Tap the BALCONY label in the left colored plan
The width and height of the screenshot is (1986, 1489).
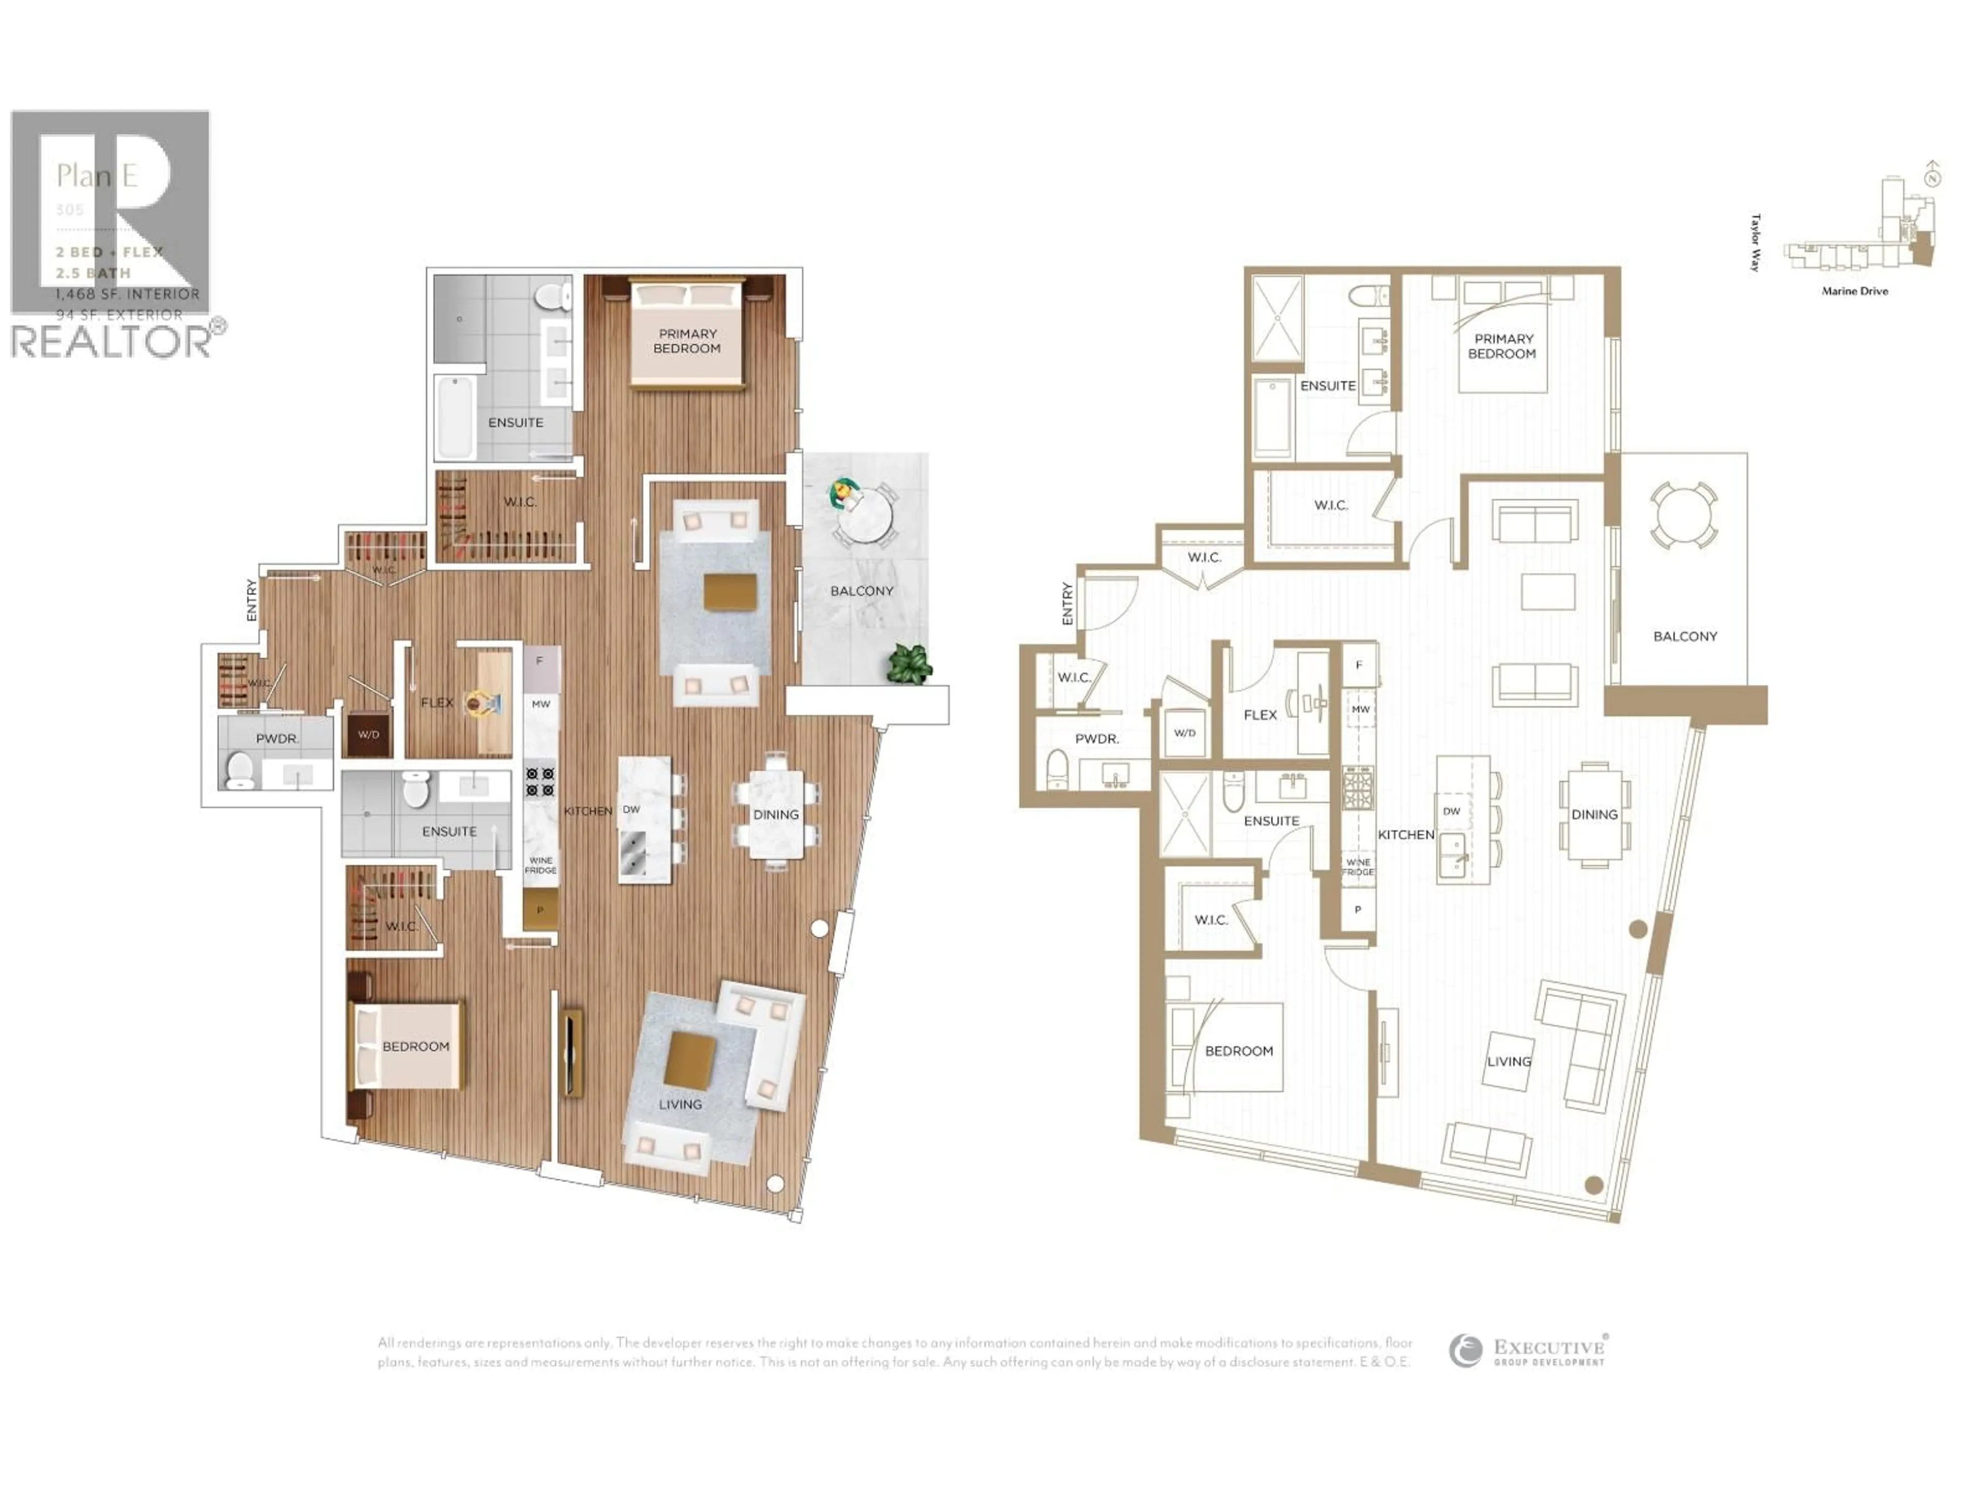click(861, 590)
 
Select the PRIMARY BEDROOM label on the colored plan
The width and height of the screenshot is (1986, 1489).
click(687, 341)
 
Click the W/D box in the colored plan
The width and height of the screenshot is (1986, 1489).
click(368, 734)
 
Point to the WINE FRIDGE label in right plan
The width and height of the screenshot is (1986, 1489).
click(1359, 867)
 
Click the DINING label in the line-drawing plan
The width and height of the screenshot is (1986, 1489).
click(1594, 814)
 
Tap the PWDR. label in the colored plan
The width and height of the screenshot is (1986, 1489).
click(277, 739)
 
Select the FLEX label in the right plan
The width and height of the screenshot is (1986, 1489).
click(1260, 715)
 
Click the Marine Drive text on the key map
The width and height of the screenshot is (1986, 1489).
click(1855, 291)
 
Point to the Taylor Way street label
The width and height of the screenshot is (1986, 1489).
click(1755, 242)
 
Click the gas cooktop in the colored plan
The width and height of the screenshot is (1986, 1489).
click(539, 781)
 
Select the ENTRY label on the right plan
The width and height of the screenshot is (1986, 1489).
click(1066, 603)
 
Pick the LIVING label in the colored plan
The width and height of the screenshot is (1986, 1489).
click(680, 1104)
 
